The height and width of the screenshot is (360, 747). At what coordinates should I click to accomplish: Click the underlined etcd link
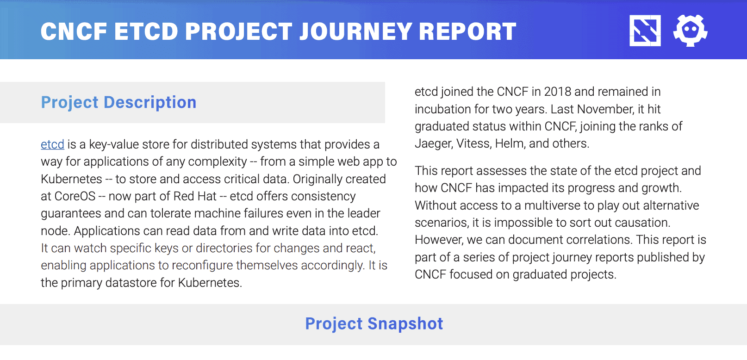52,144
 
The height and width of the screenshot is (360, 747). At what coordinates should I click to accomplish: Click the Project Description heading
118,102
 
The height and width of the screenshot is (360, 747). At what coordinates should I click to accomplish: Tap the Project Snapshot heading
374,323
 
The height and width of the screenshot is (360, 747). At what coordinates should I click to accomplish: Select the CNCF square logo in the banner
645,31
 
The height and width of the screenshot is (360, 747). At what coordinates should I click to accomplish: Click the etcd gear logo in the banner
690,31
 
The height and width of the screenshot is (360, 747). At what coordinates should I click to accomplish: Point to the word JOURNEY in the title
356,31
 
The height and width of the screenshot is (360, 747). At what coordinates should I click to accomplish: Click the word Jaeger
433,144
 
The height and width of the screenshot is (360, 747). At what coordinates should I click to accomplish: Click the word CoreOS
75,196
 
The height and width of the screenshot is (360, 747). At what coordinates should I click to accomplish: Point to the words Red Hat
195,196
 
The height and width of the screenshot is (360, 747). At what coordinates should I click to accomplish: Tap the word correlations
592,240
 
